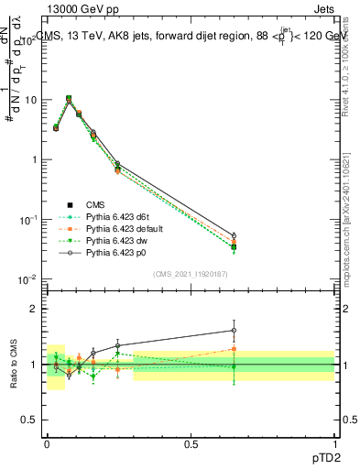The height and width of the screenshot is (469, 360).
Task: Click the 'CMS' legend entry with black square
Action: (95, 205)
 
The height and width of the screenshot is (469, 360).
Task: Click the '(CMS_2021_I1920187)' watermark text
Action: (190, 273)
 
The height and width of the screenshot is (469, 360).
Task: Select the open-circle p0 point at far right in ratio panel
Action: (234, 331)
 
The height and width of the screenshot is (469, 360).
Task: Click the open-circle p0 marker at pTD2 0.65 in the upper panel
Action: (234, 235)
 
